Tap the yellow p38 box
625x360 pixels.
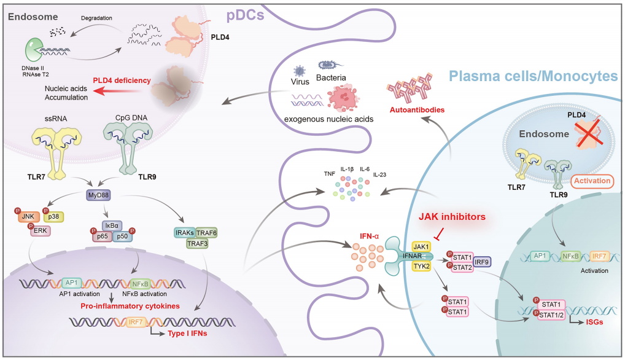tap(54, 216)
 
